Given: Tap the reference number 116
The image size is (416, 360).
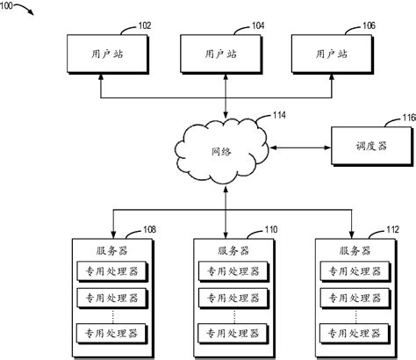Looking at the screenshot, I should coord(407,116).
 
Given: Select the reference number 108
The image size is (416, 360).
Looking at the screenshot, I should coord(150,231).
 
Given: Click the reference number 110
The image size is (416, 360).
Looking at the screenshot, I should coord(273,231).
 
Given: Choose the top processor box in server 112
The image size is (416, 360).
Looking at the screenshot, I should coord(352,270).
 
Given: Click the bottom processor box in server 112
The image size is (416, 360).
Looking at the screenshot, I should coord(352,333).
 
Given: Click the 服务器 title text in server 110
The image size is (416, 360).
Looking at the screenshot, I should coord(230,249).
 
